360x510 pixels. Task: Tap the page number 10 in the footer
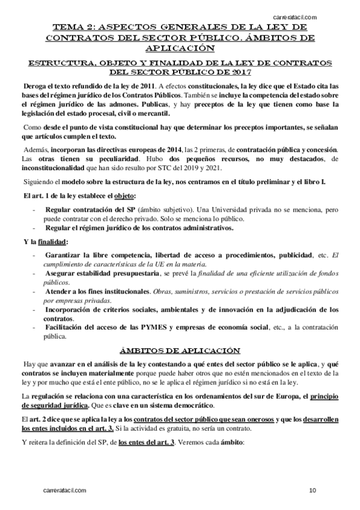coord(313,491)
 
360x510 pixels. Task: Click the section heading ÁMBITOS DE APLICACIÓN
coord(179,349)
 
